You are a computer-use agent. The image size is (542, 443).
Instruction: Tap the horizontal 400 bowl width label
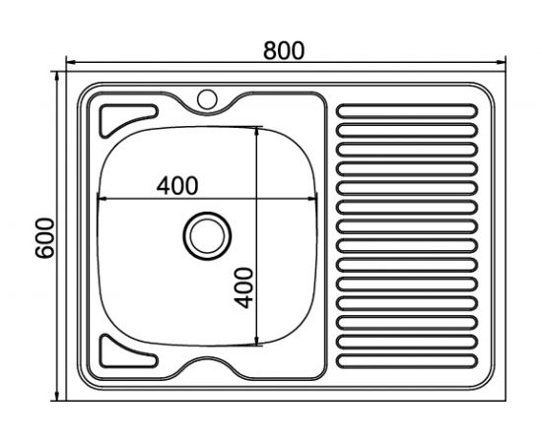coord(177,184)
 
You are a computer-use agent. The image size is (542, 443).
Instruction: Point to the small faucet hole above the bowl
coord(208,98)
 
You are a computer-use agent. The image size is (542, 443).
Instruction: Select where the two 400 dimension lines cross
coord(258,200)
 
